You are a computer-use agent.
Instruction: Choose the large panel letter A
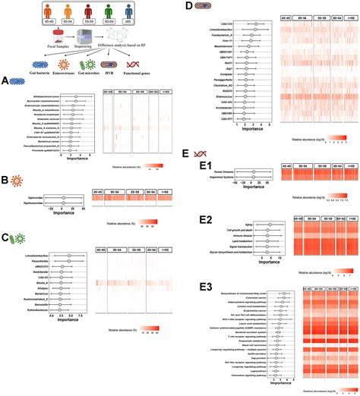pos(5,80)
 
